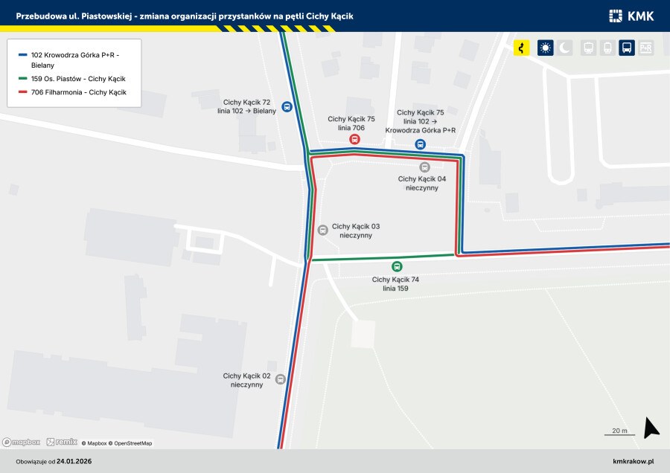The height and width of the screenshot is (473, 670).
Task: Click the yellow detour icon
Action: (522, 48)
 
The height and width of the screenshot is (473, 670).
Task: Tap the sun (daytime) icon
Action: (546, 48)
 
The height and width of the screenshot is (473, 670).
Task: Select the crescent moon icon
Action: (566, 48)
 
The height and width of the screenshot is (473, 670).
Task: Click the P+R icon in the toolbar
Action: (646, 48)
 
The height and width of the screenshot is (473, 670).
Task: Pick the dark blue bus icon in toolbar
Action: (627, 48)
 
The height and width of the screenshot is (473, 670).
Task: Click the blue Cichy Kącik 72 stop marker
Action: (287, 106)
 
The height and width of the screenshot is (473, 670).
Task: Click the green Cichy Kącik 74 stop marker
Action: (397, 267)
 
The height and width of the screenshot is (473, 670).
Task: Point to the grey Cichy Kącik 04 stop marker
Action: (424, 167)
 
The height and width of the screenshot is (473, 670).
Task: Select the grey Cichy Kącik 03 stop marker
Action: (322, 231)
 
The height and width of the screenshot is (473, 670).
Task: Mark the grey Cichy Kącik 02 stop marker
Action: (281, 379)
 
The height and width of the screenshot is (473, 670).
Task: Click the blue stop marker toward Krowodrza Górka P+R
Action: (421, 145)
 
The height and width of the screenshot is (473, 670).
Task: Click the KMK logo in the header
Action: (632, 16)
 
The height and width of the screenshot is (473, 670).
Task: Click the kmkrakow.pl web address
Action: (633, 462)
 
